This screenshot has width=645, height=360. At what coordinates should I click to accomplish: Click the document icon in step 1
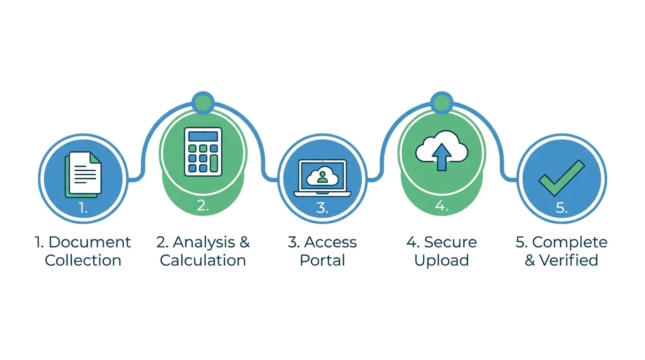(x=83, y=175)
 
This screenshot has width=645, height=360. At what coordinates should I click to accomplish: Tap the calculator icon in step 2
(x=203, y=152)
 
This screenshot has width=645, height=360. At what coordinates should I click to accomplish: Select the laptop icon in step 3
(x=322, y=178)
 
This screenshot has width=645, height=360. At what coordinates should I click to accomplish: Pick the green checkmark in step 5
(x=562, y=178)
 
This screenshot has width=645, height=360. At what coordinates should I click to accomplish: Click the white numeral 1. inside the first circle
(x=83, y=207)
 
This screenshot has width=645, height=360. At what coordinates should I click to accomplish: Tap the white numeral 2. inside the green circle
(x=203, y=206)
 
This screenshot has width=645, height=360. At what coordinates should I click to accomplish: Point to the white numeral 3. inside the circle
(x=322, y=207)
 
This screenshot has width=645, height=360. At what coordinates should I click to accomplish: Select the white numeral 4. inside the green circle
(x=442, y=206)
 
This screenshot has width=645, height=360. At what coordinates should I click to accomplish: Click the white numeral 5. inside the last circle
(x=562, y=207)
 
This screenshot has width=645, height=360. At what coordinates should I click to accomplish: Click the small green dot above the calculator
(x=203, y=103)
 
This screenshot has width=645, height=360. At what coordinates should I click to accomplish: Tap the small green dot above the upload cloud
(x=442, y=103)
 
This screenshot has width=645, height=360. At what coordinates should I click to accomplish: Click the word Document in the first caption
(x=90, y=242)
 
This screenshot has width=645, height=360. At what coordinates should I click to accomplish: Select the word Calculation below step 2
(x=203, y=260)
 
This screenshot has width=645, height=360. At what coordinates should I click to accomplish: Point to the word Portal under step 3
(x=322, y=260)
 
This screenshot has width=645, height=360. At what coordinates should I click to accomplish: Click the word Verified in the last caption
(x=569, y=260)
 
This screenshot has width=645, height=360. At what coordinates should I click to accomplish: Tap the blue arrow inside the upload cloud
(x=442, y=157)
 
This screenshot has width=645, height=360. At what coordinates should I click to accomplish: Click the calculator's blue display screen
(x=203, y=136)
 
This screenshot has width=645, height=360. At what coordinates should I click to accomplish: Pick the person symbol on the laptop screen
(x=322, y=177)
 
